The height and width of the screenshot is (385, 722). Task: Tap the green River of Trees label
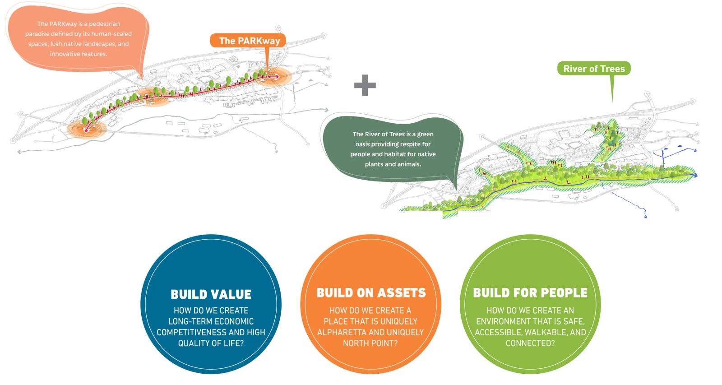pos(594,69)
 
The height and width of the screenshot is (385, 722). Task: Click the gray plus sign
pos(365,85)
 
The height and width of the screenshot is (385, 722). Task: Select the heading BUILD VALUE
pos(211,294)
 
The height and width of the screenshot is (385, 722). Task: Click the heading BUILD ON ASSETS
pos(371,293)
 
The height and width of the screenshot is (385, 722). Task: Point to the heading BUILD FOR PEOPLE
pos(530,293)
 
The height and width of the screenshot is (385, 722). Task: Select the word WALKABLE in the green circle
pos(545,332)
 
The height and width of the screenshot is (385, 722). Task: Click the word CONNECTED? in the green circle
pos(530,343)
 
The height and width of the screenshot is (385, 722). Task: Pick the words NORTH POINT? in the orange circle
pos(370,343)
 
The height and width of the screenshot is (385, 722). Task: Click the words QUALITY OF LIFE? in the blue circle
pos(211,343)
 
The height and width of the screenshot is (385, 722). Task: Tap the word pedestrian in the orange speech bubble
pos(104,23)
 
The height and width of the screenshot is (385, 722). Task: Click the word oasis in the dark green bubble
pos(362,144)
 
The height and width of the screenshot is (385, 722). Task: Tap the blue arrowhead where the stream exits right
pos(695,175)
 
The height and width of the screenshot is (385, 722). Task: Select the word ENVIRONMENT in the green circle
pos(504,321)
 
